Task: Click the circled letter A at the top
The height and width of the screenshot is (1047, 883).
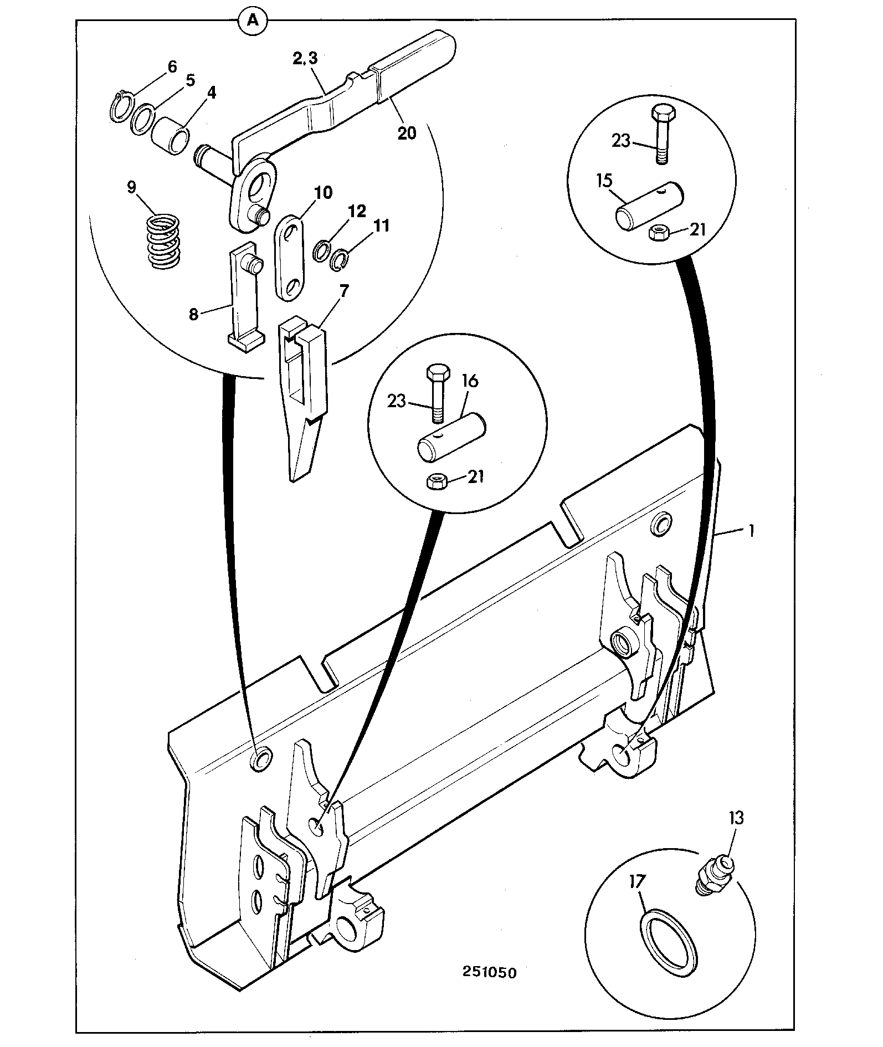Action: tap(252, 21)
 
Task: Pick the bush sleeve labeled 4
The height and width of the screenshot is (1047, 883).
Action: tap(171, 137)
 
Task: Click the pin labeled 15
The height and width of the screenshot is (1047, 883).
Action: tap(650, 206)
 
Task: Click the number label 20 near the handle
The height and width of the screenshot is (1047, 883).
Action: tap(407, 133)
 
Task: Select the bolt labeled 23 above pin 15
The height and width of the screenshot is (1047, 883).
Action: tap(661, 134)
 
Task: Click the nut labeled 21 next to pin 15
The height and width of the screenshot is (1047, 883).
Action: tap(659, 232)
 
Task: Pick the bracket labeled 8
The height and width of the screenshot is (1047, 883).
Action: tap(243, 298)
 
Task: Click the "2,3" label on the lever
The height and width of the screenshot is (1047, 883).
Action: tap(305, 59)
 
